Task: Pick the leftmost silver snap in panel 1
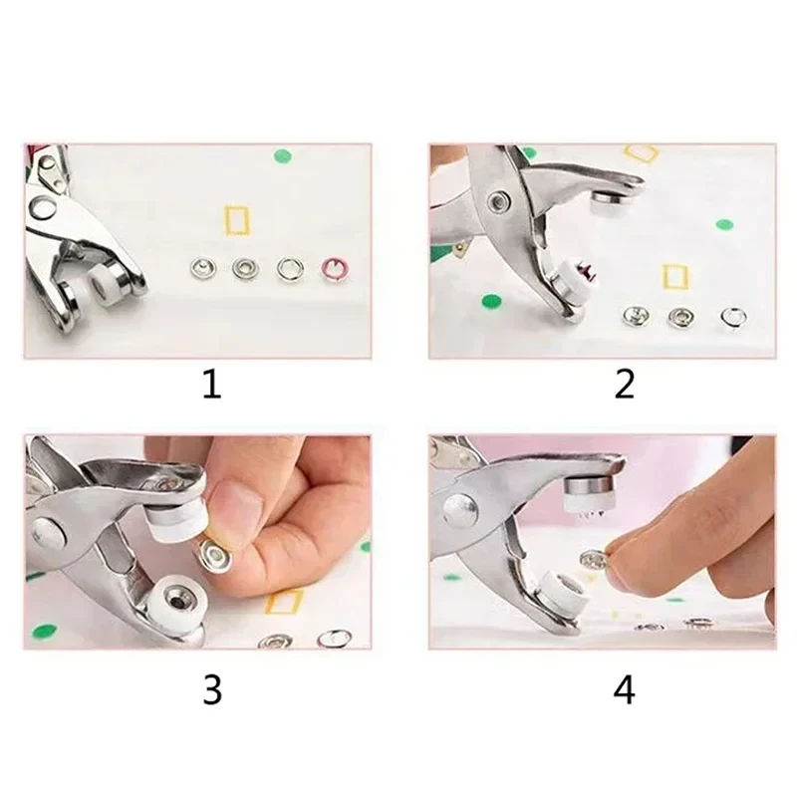(x=200, y=266)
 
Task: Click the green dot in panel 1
(x=282, y=155)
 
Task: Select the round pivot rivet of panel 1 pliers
(x=44, y=208)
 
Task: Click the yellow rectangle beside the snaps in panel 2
(x=674, y=275)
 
